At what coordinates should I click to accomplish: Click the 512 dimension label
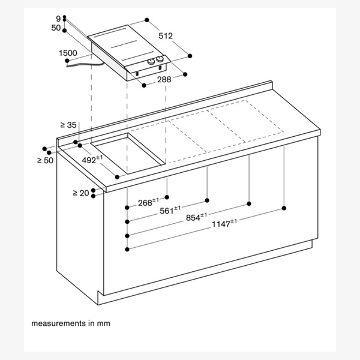(166, 36)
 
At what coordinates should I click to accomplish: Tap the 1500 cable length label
(68, 53)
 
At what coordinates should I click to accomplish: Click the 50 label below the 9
(56, 28)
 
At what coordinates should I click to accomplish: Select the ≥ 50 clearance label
(45, 160)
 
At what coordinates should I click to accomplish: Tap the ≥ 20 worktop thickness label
(81, 193)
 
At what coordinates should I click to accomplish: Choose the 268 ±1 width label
(148, 202)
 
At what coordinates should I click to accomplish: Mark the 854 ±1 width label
(196, 217)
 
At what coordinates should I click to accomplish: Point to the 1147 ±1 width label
(224, 224)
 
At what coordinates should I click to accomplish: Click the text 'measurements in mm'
(71, 323)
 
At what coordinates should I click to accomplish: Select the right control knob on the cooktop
(160, 59)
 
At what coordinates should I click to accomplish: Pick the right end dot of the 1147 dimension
(284, 208)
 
